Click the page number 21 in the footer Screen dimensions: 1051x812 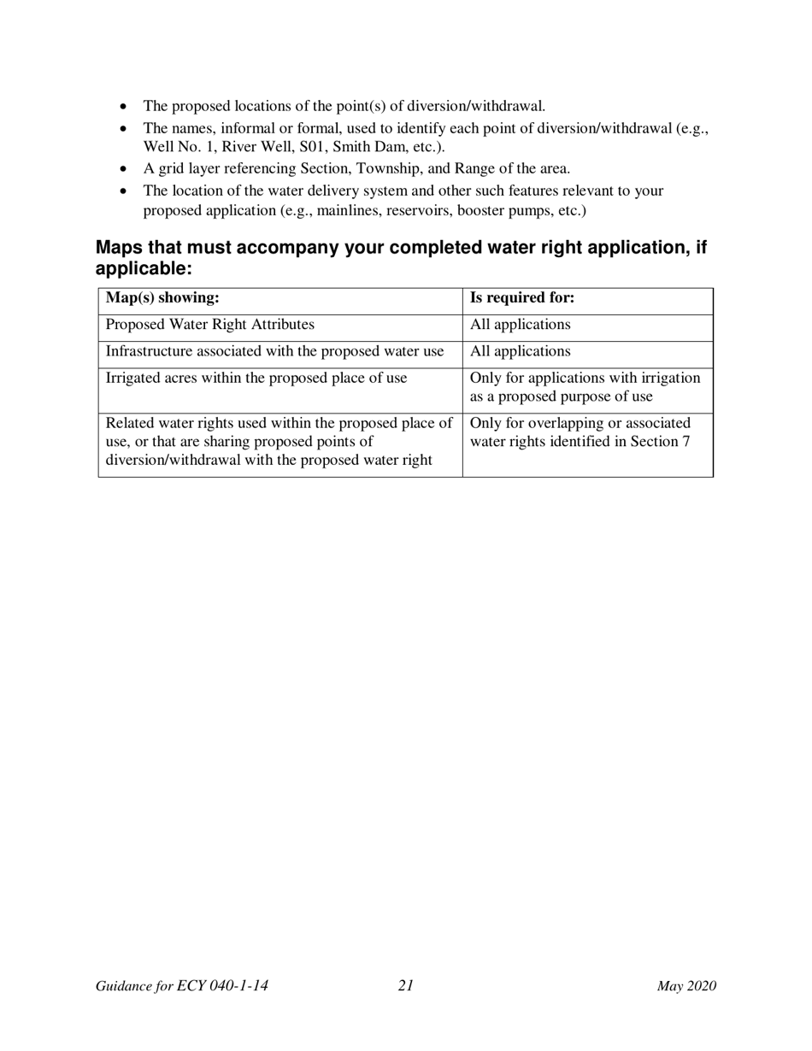[x=405, y=986]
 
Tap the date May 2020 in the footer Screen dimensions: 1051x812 [x=685, y=986]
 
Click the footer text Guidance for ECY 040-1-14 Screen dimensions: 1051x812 [x=182, y=986]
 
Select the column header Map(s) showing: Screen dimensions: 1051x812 [x=162, y=298]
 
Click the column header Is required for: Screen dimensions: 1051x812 [x=522, y=298]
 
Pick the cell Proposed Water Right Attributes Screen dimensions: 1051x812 [x=209, y=325]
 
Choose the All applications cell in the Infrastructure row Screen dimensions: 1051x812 [x=520, y=351]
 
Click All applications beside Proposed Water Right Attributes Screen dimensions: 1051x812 [x=520, y=325]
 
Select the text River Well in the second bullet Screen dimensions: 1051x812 [x=256, y=146]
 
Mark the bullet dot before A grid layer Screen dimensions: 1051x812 [x=125, y=169]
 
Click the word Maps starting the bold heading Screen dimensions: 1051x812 [x=120, y=248]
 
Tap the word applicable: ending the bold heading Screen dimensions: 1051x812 [x=143, y=268]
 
